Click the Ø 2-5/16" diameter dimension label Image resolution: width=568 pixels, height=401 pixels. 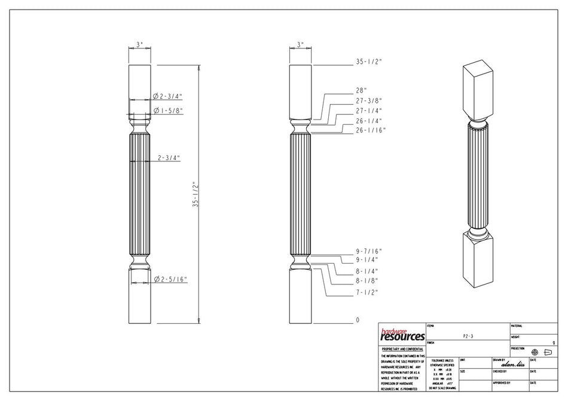tap(170, 279)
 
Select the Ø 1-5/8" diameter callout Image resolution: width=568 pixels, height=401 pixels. tap(167, 111)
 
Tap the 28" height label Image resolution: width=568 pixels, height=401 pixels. tap(361, 91)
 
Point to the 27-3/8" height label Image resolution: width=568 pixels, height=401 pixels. tap(368, 101)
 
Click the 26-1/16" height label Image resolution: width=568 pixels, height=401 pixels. tap(371, 130)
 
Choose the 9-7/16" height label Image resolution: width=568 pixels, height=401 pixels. tap(368, 251)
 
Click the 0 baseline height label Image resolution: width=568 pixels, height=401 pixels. tap(358, 320)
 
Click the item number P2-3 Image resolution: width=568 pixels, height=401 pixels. tap(468, 336)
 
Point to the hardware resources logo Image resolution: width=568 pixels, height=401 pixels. tap(402, 335)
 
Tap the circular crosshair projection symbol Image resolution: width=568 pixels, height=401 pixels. tap(535, 353)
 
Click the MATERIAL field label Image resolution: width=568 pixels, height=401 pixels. tap(517, 326)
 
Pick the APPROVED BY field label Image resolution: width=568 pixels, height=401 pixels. tap(501, 382)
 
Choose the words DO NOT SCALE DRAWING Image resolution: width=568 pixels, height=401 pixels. tap(442, 388)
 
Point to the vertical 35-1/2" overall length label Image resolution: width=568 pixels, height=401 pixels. tap(194, 194)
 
